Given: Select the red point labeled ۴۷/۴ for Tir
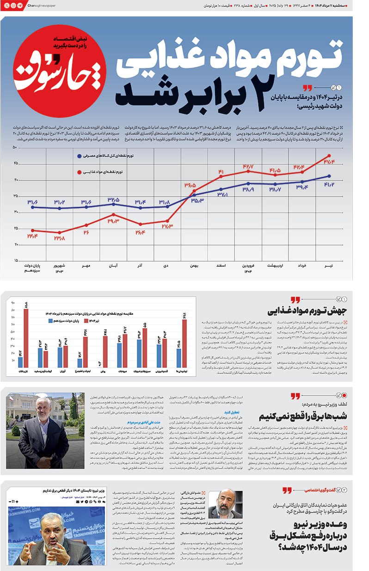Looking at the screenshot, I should (329, 156).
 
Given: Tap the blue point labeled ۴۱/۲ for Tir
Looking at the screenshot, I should (329, 176).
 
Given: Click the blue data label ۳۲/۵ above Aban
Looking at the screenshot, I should (113, 200).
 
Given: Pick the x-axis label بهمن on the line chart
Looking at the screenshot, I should (194, 266).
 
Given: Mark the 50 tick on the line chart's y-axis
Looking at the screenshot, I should (15, 148).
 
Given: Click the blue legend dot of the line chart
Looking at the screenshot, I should (80, 156).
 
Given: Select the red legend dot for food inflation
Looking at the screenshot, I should (80, 172).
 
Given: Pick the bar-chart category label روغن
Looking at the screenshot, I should (101, 371).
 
